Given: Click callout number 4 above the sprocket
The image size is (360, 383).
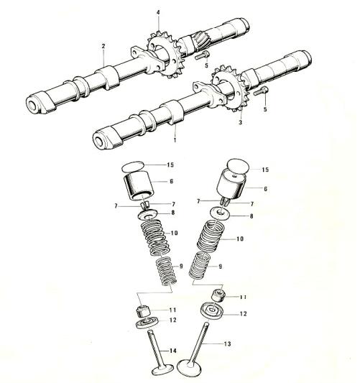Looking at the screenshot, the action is (158, 12).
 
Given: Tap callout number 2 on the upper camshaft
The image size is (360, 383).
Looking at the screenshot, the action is (103, 46).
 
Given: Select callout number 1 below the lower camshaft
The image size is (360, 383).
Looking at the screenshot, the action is (175, 140).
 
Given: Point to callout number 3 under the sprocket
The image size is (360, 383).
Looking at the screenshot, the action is (240, 122).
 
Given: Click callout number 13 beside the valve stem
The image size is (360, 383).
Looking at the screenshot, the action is (227, 344).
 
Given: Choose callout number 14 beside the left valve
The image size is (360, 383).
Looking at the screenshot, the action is (173, 351).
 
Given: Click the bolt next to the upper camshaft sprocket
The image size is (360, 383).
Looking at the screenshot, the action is (202, 55).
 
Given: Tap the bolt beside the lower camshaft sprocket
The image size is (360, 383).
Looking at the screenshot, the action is (261, 91).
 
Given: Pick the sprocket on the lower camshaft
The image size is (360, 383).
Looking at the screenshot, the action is (229, 88).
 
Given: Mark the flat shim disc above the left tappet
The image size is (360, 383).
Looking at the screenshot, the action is (132, 167).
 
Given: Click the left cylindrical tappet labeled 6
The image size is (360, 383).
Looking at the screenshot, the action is (139, 186).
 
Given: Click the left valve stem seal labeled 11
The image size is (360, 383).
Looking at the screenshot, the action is (142, 311).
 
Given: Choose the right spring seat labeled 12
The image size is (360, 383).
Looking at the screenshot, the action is (212, 310).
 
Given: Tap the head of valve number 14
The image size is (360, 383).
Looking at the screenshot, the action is (162, 369).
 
